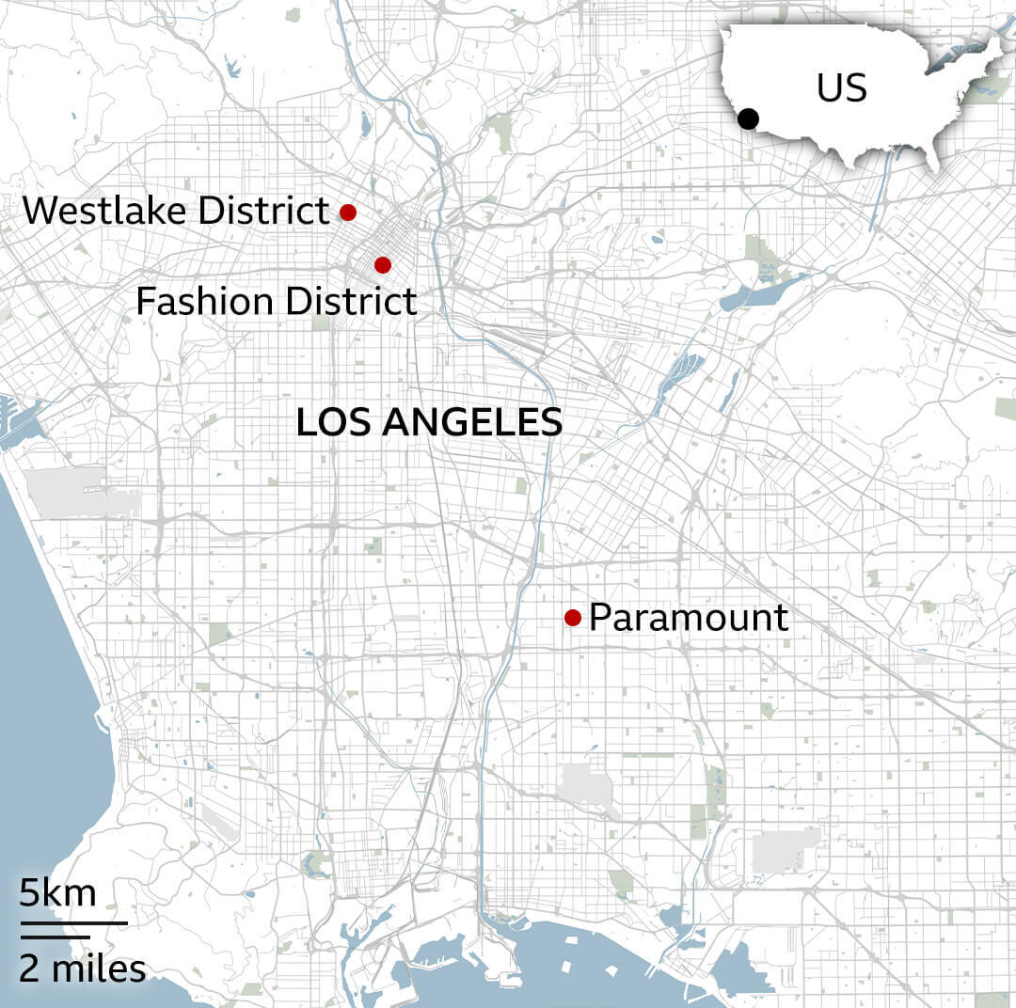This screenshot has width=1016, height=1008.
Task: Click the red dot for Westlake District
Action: pyautogui.click(x=348, y=213)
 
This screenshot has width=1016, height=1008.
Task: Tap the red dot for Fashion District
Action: pyautogui.click(x=382, y=264)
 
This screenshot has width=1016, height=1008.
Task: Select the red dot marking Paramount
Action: pyautogui.click(x=572, y=617)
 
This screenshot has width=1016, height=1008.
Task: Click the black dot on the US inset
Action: pyautogui.click(x=748, y=118)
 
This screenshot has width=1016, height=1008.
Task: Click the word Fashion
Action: pyautogui.click(x=204, y=302)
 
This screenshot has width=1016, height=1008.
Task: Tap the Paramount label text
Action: pyautogui.click(x=689, y=618)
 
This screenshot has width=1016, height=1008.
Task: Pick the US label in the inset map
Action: pyautogui.click(x=841, y=88)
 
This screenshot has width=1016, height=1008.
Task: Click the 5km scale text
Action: pyautogui.click(x=57, y=892)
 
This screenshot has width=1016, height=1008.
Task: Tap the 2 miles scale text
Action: pyautogui.click(x=83, y=968)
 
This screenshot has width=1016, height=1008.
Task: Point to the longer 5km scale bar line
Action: pyautogui.click(x=73, y=922)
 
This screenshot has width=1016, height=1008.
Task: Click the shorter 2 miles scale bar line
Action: pyautogui.click(x=55, y=937)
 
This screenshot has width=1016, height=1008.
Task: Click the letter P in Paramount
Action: pyautogui.click(x=599, y=618)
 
